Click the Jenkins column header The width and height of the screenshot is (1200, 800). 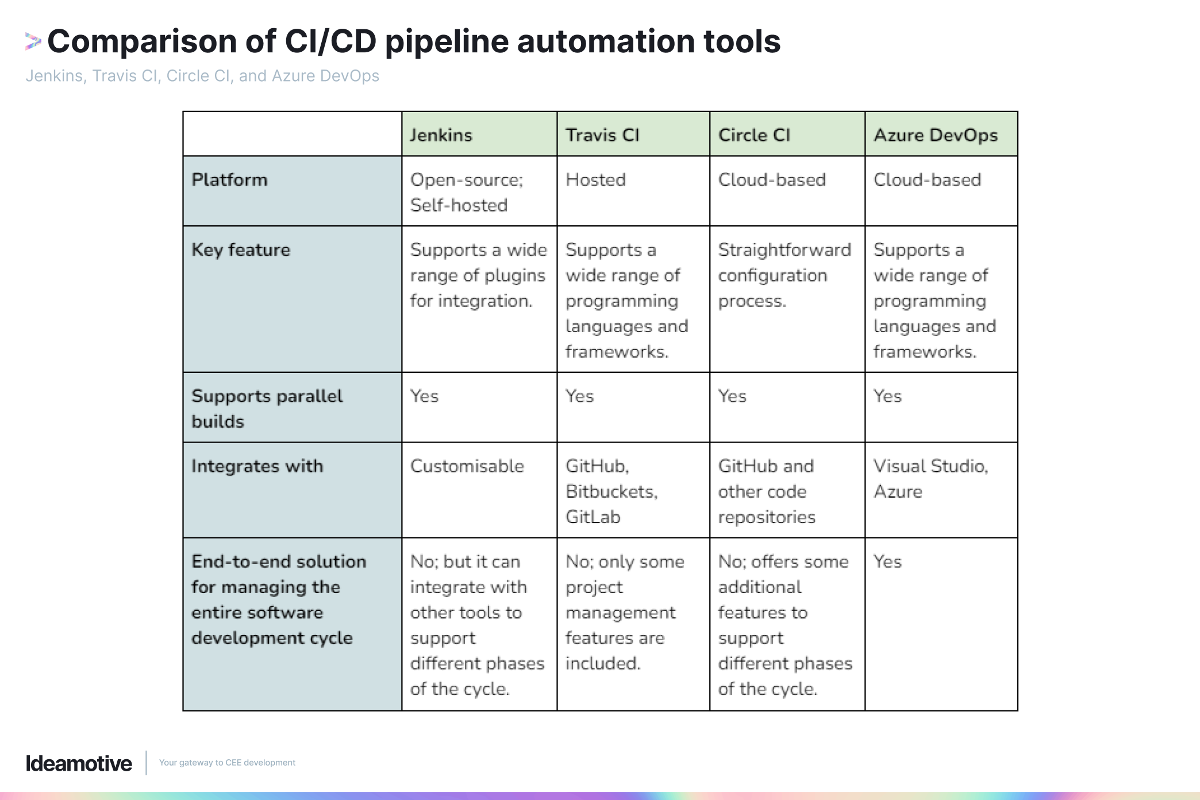click(441, 135)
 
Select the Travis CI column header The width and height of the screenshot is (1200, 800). click(602, 135)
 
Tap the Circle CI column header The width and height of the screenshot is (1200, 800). click(754, 135)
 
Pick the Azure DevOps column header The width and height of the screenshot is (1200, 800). click(936, 135)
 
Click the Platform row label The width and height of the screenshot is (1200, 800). click(229, 180)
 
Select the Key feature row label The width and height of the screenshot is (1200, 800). click(241, 250)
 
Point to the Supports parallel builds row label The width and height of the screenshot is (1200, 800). click(267, 408)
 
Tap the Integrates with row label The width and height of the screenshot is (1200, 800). click(257, 466)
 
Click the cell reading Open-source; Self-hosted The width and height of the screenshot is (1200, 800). click(466, 192)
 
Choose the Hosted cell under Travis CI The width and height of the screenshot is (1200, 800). click(595, 180)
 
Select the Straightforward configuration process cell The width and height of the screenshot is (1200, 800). click(784, 275)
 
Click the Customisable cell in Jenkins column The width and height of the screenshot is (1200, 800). click(467, 466)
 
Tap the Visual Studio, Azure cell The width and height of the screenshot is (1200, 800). click(930, 478)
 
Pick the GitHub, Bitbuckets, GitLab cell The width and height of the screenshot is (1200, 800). click(611, 491)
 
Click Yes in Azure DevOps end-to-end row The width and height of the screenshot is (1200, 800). click(887, 561)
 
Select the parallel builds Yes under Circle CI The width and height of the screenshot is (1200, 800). click(732, 396)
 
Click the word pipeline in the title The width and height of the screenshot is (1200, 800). click(447, 41)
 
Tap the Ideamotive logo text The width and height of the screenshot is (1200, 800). click(79, 763)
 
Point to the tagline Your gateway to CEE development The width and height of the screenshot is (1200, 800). click(227, 763)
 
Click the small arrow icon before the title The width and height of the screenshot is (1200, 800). click(33, 41)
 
